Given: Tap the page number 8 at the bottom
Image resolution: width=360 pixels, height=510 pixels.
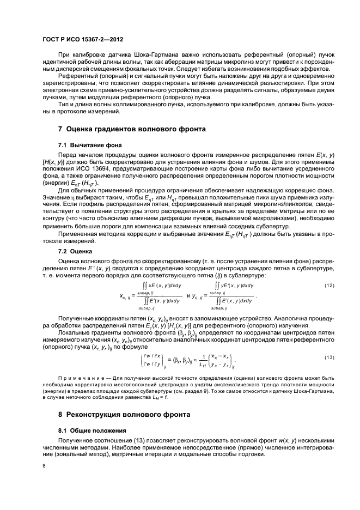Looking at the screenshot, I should [45, 466].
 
